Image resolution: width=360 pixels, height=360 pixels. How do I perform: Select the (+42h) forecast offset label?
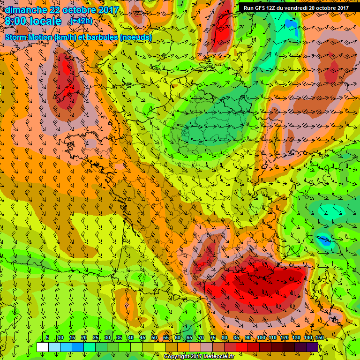pyautogui.click(x=81, y=21)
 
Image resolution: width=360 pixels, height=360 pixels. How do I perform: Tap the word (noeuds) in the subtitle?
pyautogui.click(x=136, y=37)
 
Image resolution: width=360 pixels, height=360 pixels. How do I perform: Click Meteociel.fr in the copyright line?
pyautogui.click(x=216, y=357)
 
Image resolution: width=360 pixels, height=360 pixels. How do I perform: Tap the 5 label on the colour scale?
pyautogui.click(x=48, y=338)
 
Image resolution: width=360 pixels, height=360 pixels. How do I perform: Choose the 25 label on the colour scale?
pyautogui.click(x=95, y=338)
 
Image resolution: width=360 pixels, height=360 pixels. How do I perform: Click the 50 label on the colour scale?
pyautogui.click(x=155, y=338)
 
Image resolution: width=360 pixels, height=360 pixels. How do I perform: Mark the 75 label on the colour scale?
pyautogui.click(x=213, y=338)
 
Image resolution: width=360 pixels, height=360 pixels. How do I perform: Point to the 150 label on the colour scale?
pyautogui.click(x=319, y=338)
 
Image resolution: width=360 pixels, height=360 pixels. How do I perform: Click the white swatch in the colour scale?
pyautogui.click(x=43, y=347)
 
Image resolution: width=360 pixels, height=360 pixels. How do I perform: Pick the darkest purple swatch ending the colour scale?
pyautogui.click(x=313, y=347)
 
